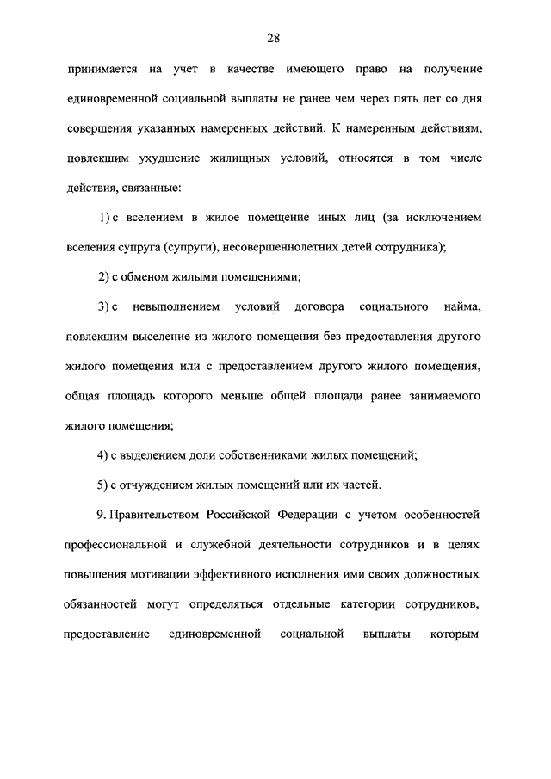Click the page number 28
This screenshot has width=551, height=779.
[273, 37]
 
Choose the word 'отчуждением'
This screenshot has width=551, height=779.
[153, 485]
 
